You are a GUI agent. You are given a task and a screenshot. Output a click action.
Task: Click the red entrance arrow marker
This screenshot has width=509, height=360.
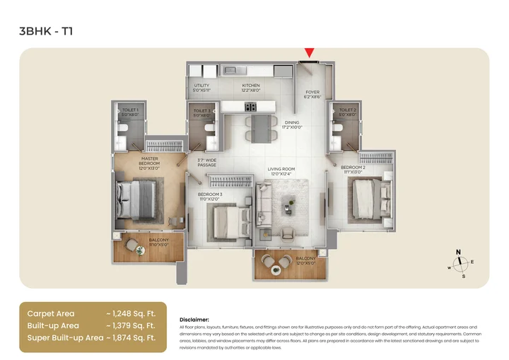[x=309, y=53]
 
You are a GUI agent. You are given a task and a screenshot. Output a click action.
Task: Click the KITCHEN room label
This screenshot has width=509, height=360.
[x=251, y=88]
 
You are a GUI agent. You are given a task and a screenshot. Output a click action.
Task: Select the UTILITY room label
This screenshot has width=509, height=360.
[x=201, y=88]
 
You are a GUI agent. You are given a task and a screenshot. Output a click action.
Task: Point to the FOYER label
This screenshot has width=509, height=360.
[x=312, y=94]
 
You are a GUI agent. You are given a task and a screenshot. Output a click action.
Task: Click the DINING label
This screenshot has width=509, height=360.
[x=293, y=124]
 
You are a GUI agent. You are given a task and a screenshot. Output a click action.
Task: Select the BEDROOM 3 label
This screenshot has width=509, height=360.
[x=210, y=196]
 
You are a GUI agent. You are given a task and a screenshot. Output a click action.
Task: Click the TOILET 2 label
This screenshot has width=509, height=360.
[x=346, y=112]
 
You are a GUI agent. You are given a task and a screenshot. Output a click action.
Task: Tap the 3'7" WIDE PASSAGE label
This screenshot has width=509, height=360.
[x=206, y=163]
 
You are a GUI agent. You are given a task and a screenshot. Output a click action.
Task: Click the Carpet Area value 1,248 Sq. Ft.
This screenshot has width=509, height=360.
[x=131, y=313]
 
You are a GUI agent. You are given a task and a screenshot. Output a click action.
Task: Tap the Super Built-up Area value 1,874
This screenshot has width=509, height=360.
[x=131, y=338]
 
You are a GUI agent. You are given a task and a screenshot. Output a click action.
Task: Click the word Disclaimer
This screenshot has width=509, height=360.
[x=195, y=320]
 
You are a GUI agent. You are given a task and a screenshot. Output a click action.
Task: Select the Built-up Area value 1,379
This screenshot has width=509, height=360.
[x=131, y=325]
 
